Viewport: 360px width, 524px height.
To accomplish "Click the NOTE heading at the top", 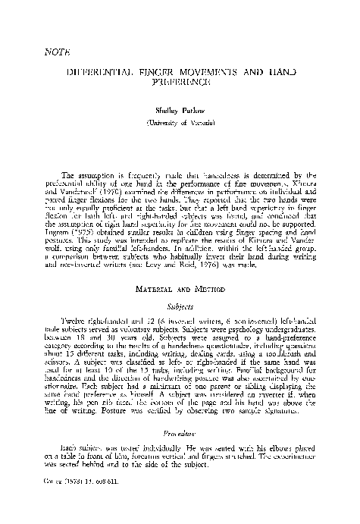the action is (x=50, y=54).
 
